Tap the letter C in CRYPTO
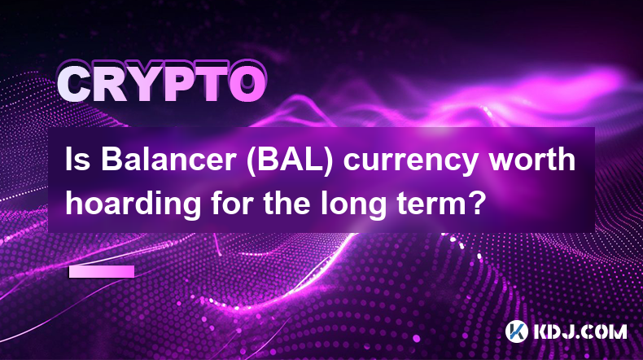[74, 85]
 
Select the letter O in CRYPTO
[247, 85]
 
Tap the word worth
[532, 160]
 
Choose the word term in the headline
[431, 204]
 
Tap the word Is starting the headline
[78, 160]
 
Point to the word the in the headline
[286, 202]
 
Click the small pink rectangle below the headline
[102, 272]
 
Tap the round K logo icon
[516, 331]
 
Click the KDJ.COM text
[580, 331]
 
